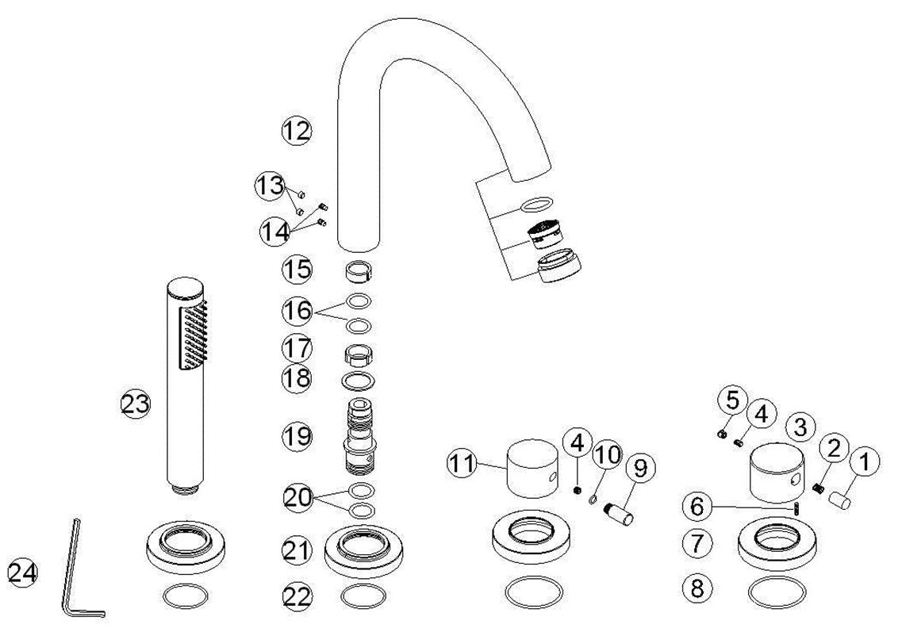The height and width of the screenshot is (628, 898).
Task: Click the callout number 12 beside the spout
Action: click(297, 130)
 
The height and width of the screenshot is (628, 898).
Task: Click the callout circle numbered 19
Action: click(297, 435)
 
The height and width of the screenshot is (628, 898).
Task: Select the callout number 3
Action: click(800, 427)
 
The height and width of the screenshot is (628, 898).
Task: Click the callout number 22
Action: click(297, 597)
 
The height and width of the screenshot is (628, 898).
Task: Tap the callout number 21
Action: click(297, 550)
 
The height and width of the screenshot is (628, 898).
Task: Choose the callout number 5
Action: click(731, 400)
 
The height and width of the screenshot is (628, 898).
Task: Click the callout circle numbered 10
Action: click(608, 455)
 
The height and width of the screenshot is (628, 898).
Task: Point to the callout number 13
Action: click(269, 186)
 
